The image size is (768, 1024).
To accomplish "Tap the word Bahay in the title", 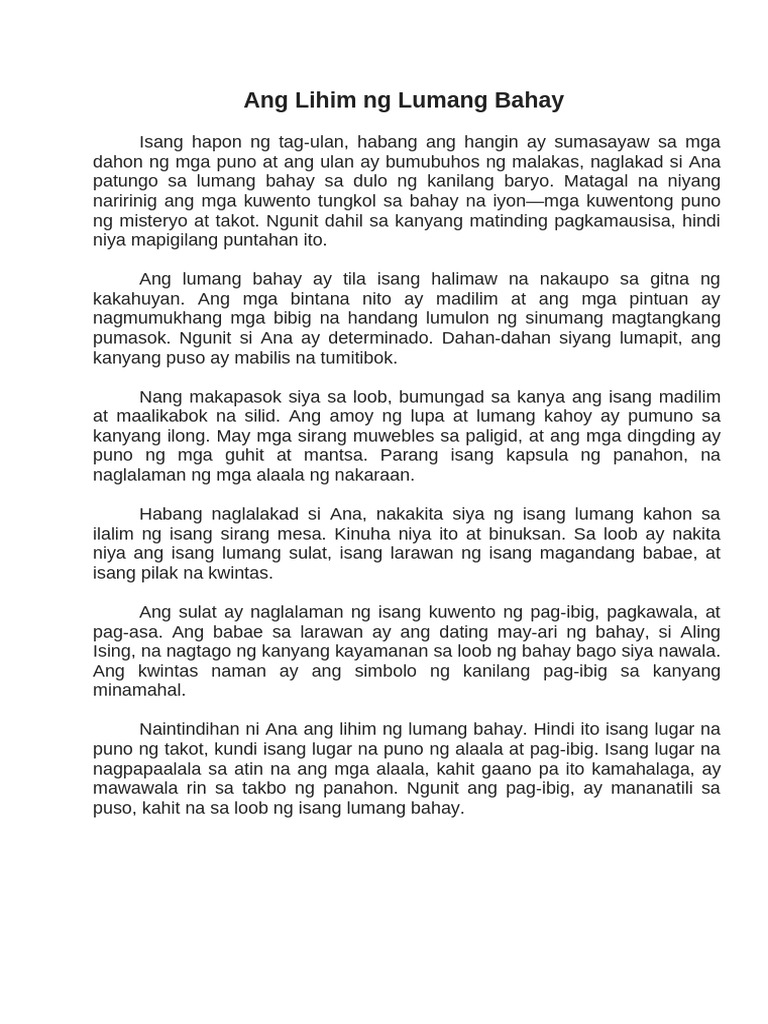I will point(529,100).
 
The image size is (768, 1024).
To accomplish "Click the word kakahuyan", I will point(139,299).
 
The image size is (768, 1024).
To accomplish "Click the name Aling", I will point(696,632).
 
